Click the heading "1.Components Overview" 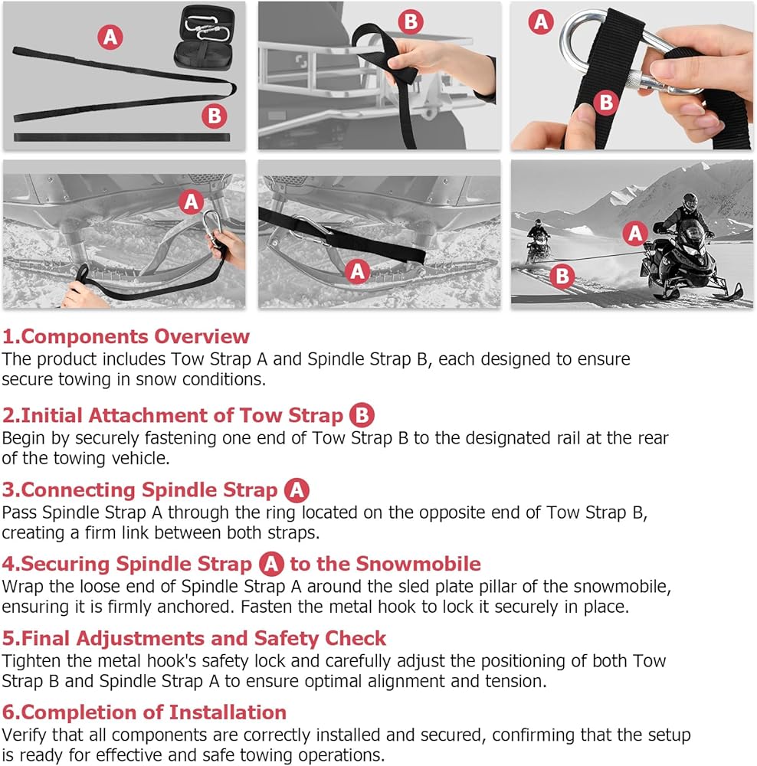coord(126,336)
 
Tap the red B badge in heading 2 coord(362,415)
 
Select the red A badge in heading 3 coord(297,490)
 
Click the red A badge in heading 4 coord(271,564)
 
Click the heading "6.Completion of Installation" coord(144,712)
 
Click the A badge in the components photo coord(110,37)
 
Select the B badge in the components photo coord(214,116)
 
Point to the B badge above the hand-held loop coord(411,21)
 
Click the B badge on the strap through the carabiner coord(606,103)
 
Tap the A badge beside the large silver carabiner coord(540,21)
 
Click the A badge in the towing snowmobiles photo coord(635,233)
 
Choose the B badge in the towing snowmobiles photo coord(562,276)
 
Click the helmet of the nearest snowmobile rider coord(690,201)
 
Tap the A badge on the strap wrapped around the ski coord(357,271)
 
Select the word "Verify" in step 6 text coord(25,735)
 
